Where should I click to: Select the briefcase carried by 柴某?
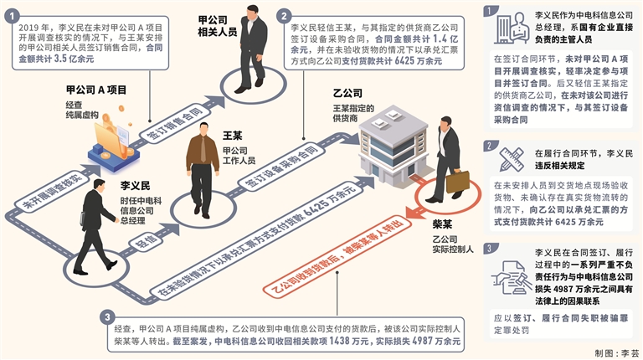pyautogui.click(x=457, y=181)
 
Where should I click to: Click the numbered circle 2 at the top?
pyautogui.click(x=285, y=16)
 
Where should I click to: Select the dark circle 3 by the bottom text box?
pyautogui.click(x=107, y=317)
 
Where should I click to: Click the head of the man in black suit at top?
pyautogui.click(x=253, y=11)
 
